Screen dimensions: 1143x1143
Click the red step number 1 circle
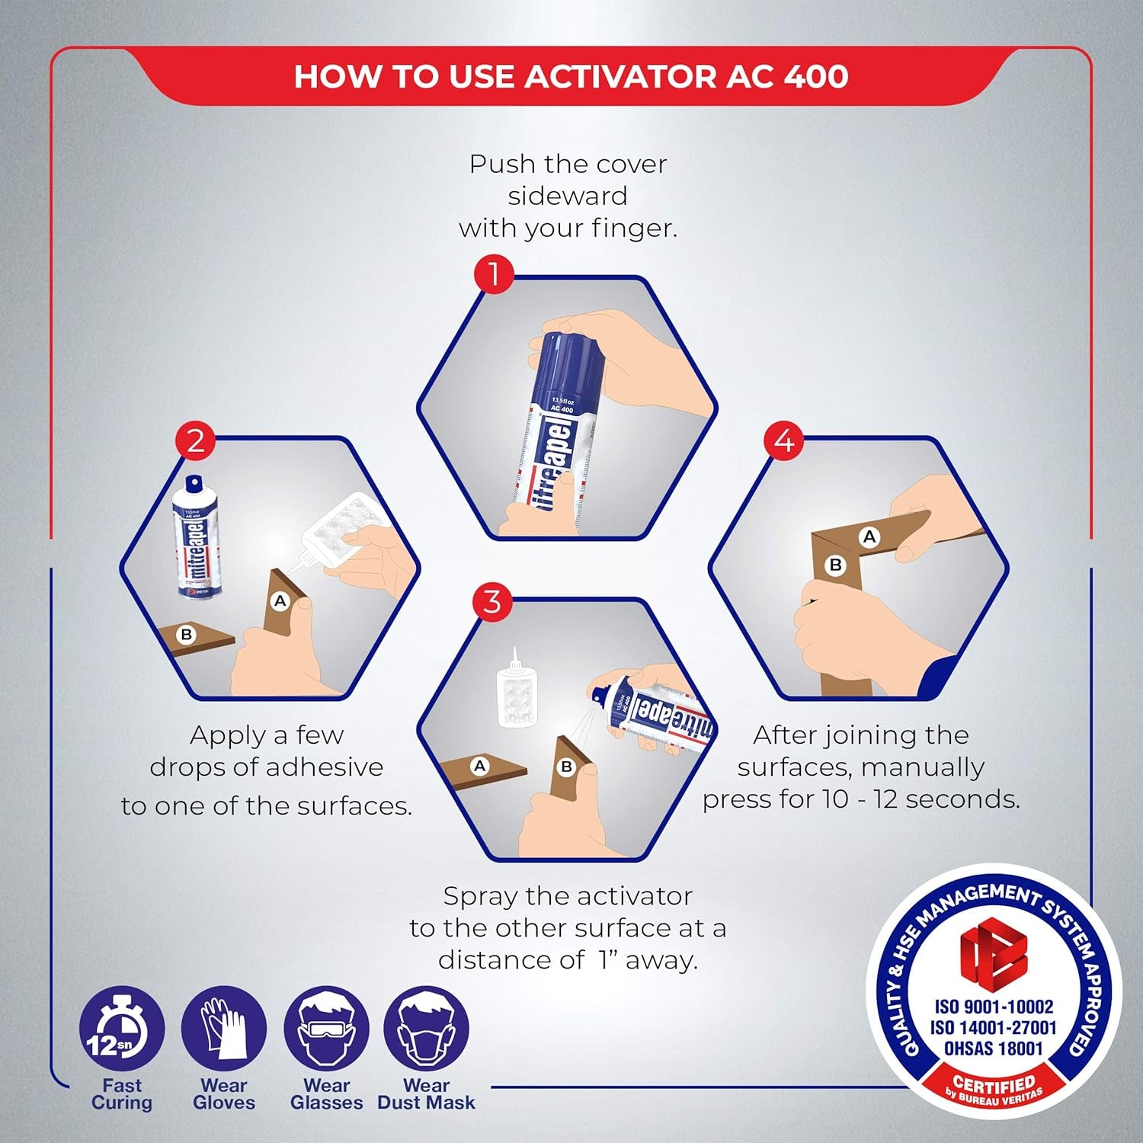(x=494, y=274)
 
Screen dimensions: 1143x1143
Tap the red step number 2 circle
(x=196, y=441)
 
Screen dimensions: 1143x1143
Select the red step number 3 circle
(x=492, y=601)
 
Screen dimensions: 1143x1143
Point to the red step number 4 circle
(x=784, y=441)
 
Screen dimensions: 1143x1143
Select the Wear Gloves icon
(x=223, y=1029)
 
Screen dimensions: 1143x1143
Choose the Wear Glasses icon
(x=326, y=1029)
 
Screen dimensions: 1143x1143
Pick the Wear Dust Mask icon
(x=426, y=1029)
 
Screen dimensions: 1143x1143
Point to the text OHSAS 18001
(x=993, y=1049)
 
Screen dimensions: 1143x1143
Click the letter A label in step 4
(x=869, y=536)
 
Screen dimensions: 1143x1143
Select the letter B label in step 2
(x=185, y=635)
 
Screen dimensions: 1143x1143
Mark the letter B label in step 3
(x=566, y=767)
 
